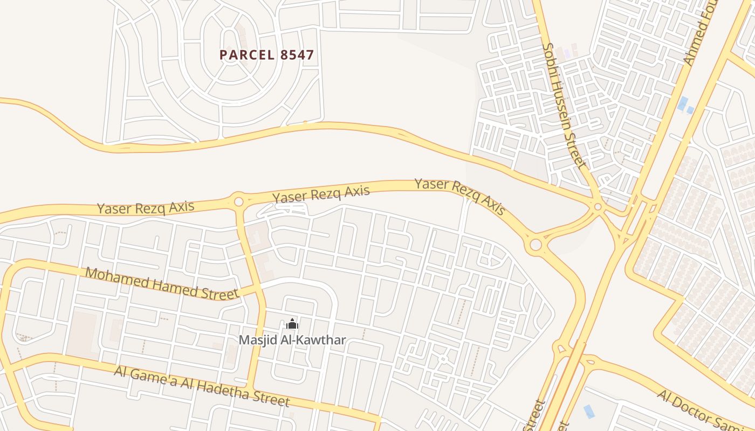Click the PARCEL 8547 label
point(266,55)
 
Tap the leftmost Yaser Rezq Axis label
point(146,206)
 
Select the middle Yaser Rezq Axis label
point(321,194)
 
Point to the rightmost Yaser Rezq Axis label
point(459,196)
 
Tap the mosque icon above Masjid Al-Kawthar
point(292,324)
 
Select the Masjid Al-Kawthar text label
point(292,340)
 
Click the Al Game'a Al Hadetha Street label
point(202,386)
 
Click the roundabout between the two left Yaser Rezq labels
point(238,202)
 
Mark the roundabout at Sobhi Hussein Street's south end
point(598,206)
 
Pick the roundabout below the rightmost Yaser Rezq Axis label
point(535,245)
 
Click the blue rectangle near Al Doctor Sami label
point(589,412)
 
